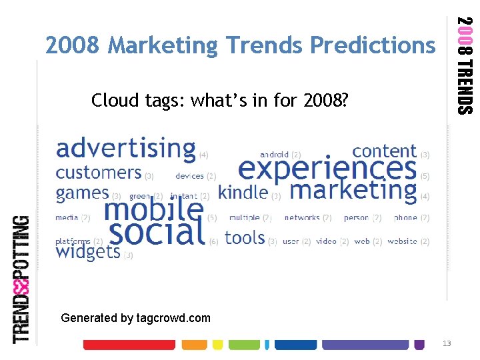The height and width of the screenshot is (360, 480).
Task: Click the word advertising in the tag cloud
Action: [x=126, y=148]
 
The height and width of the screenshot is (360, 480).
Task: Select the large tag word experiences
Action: [x=327, y=168]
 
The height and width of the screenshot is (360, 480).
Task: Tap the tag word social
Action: [x=157, y=233]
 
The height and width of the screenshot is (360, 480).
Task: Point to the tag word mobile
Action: [x=153, y=209]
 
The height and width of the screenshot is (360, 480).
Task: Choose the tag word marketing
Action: [x=353, y=190]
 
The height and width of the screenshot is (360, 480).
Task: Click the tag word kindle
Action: [x=243, y=193]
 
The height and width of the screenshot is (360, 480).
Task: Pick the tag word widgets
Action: [x=88, y=251]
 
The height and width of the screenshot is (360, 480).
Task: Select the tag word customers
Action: [x=99, y=173]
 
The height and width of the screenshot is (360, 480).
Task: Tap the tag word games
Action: [x=82, y=193]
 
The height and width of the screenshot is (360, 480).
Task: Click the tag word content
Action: [x=384, y=151]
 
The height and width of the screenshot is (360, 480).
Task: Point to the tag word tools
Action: [x=245, y=238]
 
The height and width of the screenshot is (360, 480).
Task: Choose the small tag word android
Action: [x=275, y=155]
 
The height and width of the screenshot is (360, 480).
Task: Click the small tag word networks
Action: [x=302, y=218]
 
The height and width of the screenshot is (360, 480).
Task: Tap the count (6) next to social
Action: [x=213, y=241]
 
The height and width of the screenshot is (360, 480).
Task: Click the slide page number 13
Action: [x=447, y=343]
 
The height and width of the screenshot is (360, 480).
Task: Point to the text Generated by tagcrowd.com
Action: [x=135, y=318]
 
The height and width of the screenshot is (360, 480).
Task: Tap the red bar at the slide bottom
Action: [x=129, y=345]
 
